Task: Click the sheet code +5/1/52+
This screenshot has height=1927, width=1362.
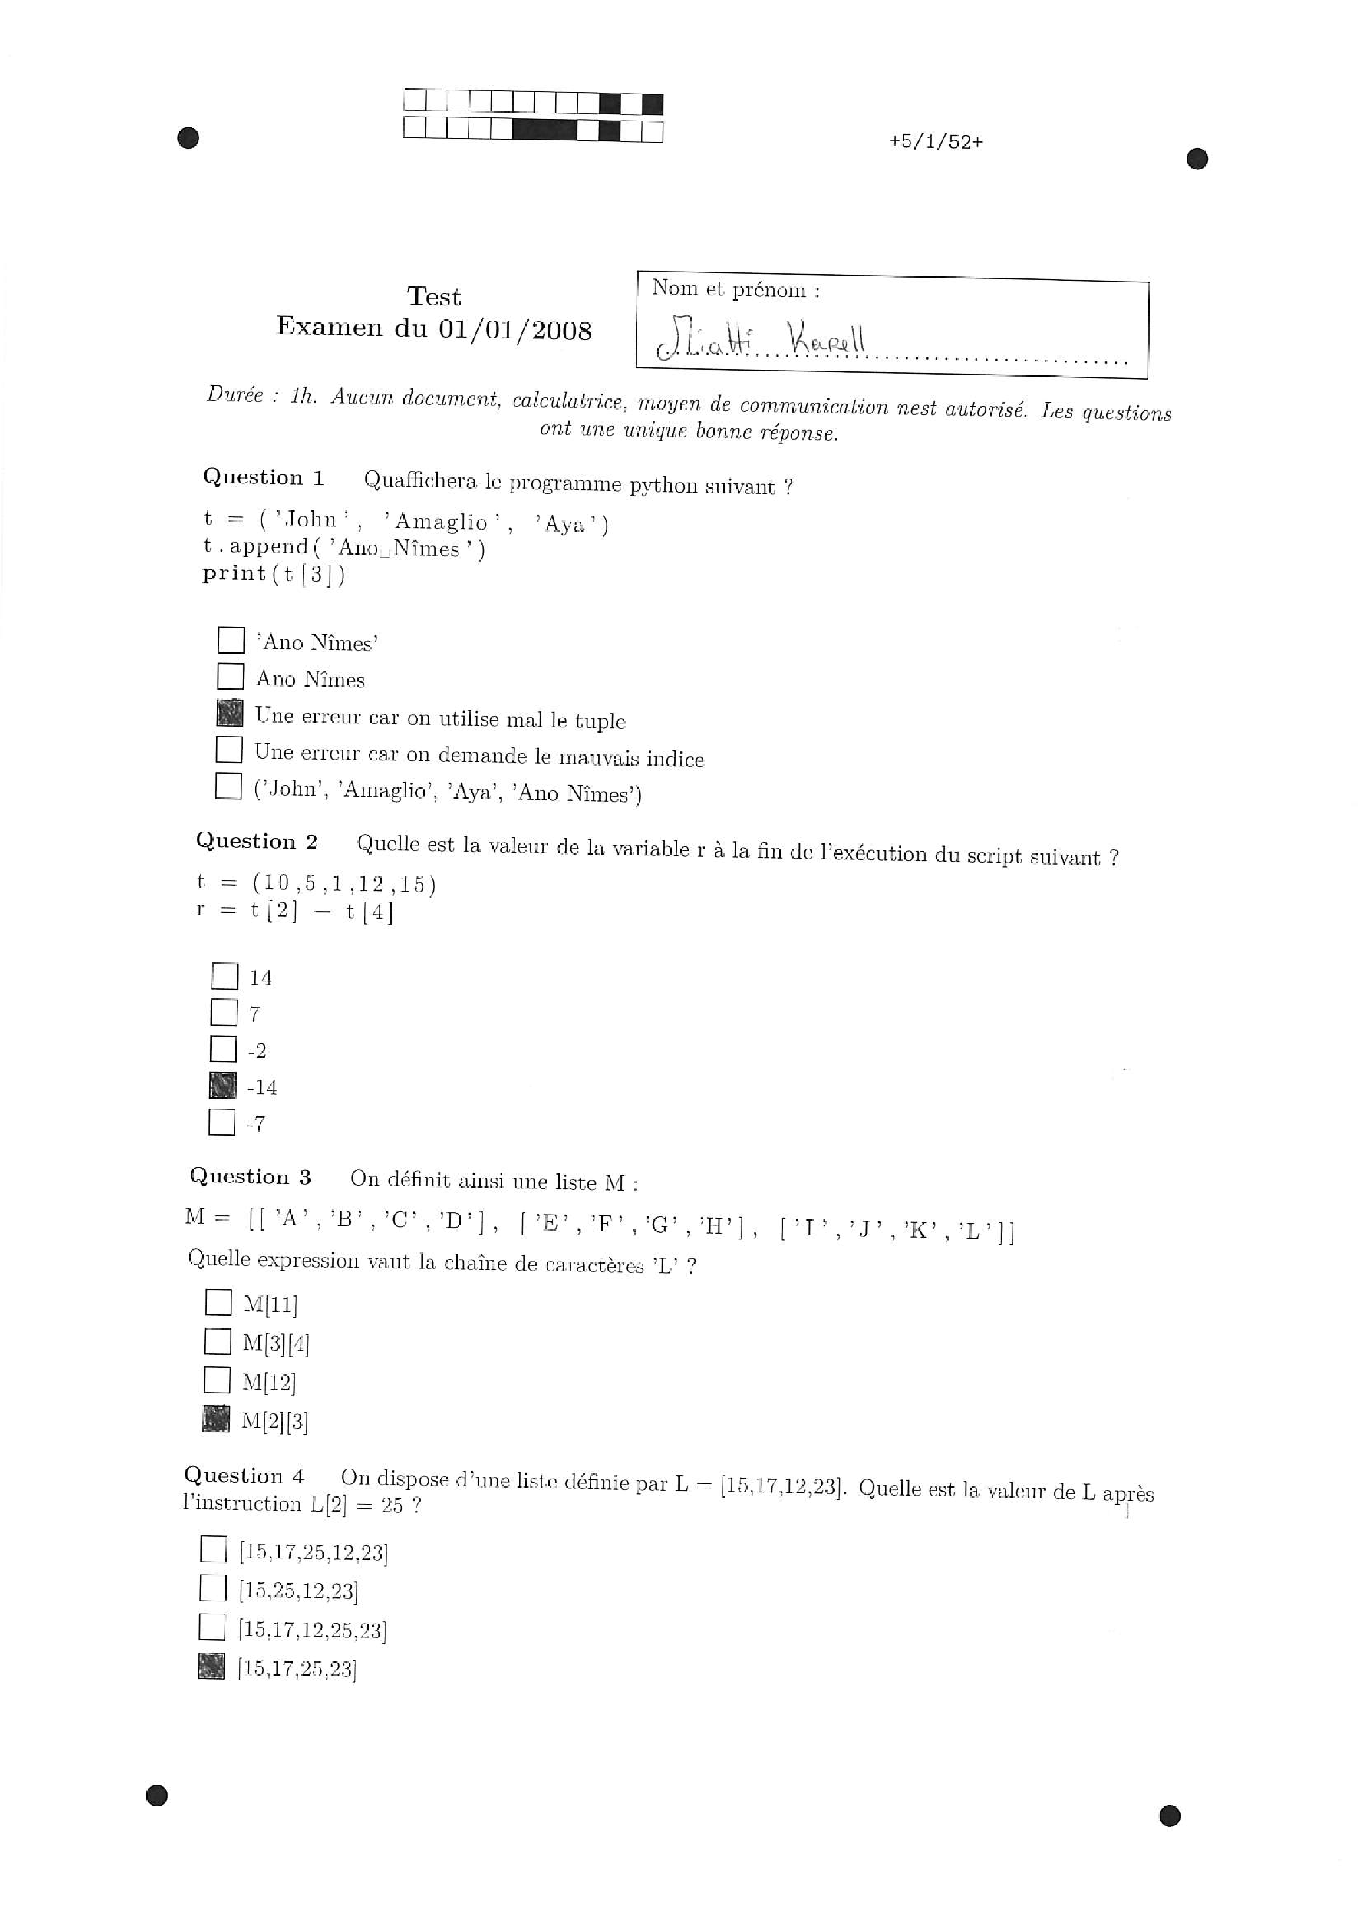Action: (935, 142)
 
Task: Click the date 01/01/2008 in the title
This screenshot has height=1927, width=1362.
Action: (514, 329)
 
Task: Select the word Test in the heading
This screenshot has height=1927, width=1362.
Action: (434, 296)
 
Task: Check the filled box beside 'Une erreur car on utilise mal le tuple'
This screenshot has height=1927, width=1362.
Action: (230, 714)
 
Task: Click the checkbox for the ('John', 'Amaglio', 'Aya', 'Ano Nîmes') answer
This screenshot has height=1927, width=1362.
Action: (228, 786)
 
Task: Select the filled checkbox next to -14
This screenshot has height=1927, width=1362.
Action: (222, 1086)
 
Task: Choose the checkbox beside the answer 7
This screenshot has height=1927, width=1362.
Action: (224, 1012)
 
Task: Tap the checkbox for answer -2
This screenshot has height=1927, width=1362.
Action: (223, 1049)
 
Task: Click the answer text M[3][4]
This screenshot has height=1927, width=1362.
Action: (276, 1344)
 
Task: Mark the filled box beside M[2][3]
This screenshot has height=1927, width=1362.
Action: (216, 1419)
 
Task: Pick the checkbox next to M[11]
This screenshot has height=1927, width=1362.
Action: (218, 1302)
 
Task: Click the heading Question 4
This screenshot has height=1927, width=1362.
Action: (243, 1477)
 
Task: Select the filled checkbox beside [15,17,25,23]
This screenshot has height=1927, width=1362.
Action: (212, 1666)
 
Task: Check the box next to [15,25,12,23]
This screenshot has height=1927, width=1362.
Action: (213, 1588)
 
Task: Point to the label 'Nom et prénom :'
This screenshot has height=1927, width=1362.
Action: (735, 290)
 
